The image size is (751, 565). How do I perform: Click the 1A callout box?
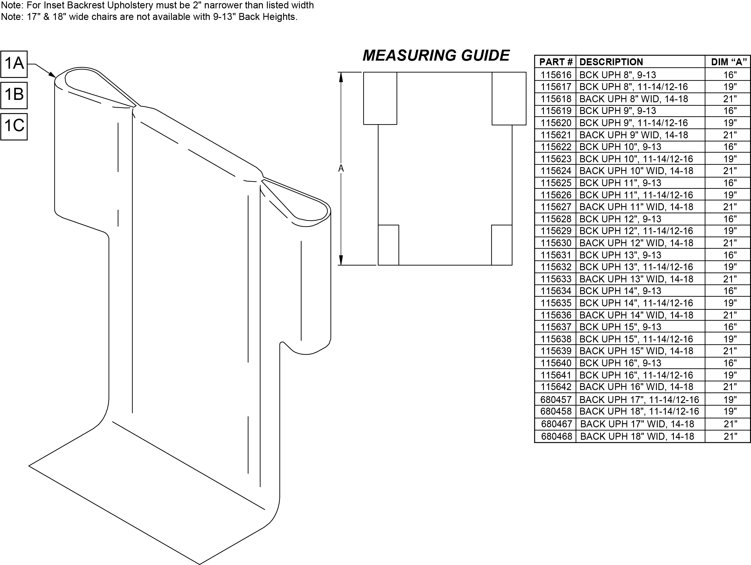point(14,64)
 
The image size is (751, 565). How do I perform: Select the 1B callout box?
point(14,95)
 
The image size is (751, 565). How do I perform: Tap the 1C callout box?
point(14,126)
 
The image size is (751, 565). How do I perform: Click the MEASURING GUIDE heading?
point(436,56)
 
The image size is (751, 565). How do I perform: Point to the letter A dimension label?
point(341,168)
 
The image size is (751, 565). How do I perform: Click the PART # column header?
point(556,62)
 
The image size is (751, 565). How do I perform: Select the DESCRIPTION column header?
point(611,62)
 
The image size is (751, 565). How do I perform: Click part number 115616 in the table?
point(556,75)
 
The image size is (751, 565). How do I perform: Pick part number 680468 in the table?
point(556,437)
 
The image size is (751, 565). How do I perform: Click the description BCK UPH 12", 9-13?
point(620,219)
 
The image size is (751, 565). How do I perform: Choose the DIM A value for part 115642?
point(730,387)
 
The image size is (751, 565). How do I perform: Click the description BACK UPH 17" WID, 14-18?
point(637,424)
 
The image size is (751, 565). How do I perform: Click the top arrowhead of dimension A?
point(341,77)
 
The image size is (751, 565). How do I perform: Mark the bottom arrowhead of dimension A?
point(341,260)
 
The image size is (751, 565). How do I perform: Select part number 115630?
point(556,243)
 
